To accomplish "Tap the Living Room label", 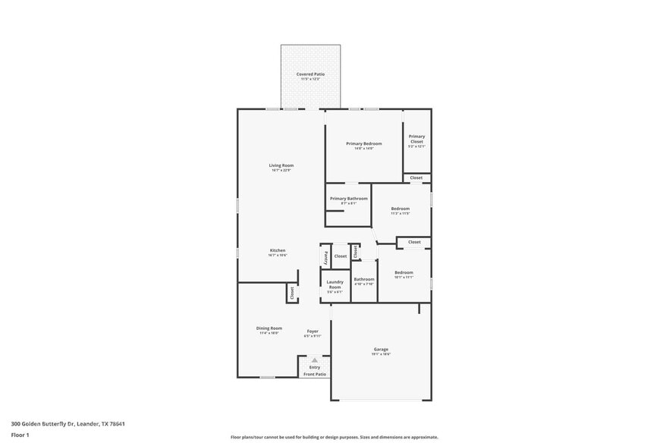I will click(281, 165).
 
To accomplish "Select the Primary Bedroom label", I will click(363, 143).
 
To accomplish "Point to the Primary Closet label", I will click(416, 139).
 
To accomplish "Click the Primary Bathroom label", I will click(348, 199).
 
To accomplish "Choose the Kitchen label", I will click(278, 250).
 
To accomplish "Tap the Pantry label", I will click(326, 256).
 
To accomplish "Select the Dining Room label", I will click(269, 328).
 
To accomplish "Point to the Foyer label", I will click(313, 331).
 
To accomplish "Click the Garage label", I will click(381, 350).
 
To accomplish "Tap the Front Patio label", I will click(315, 375).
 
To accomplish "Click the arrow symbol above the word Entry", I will click(315, 360).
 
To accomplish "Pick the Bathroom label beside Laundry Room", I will click(364, 279).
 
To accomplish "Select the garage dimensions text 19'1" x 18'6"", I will click(381, 354).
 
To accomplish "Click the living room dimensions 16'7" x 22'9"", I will click(281, 171).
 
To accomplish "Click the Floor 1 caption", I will click(20, 435).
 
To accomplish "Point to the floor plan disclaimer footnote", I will click(334, 438).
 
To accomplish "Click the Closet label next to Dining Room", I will click(292, 293).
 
